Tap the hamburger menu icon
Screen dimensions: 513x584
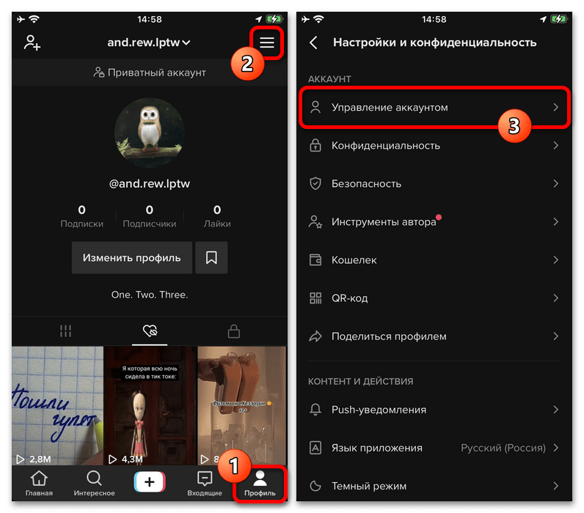click(267, 43)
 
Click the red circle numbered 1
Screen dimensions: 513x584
click(233, 465)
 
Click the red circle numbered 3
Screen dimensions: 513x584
click(514, 125)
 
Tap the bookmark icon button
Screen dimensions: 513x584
click(211, 257)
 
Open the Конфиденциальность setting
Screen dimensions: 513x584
click(385, 146)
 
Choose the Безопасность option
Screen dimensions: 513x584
click(366, 184)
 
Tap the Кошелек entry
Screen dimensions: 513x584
click(354, 260)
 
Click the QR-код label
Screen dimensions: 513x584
click(350, 298)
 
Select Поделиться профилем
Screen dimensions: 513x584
click(389, 336)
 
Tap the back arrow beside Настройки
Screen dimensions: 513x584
click(314, 43)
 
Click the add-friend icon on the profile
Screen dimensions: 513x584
click(32, 43)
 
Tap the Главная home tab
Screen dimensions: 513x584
click(39, 484)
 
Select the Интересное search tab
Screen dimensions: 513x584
click(94, 484)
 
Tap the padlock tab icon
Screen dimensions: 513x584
click(234, 331)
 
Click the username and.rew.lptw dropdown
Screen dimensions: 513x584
click(149, 43)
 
